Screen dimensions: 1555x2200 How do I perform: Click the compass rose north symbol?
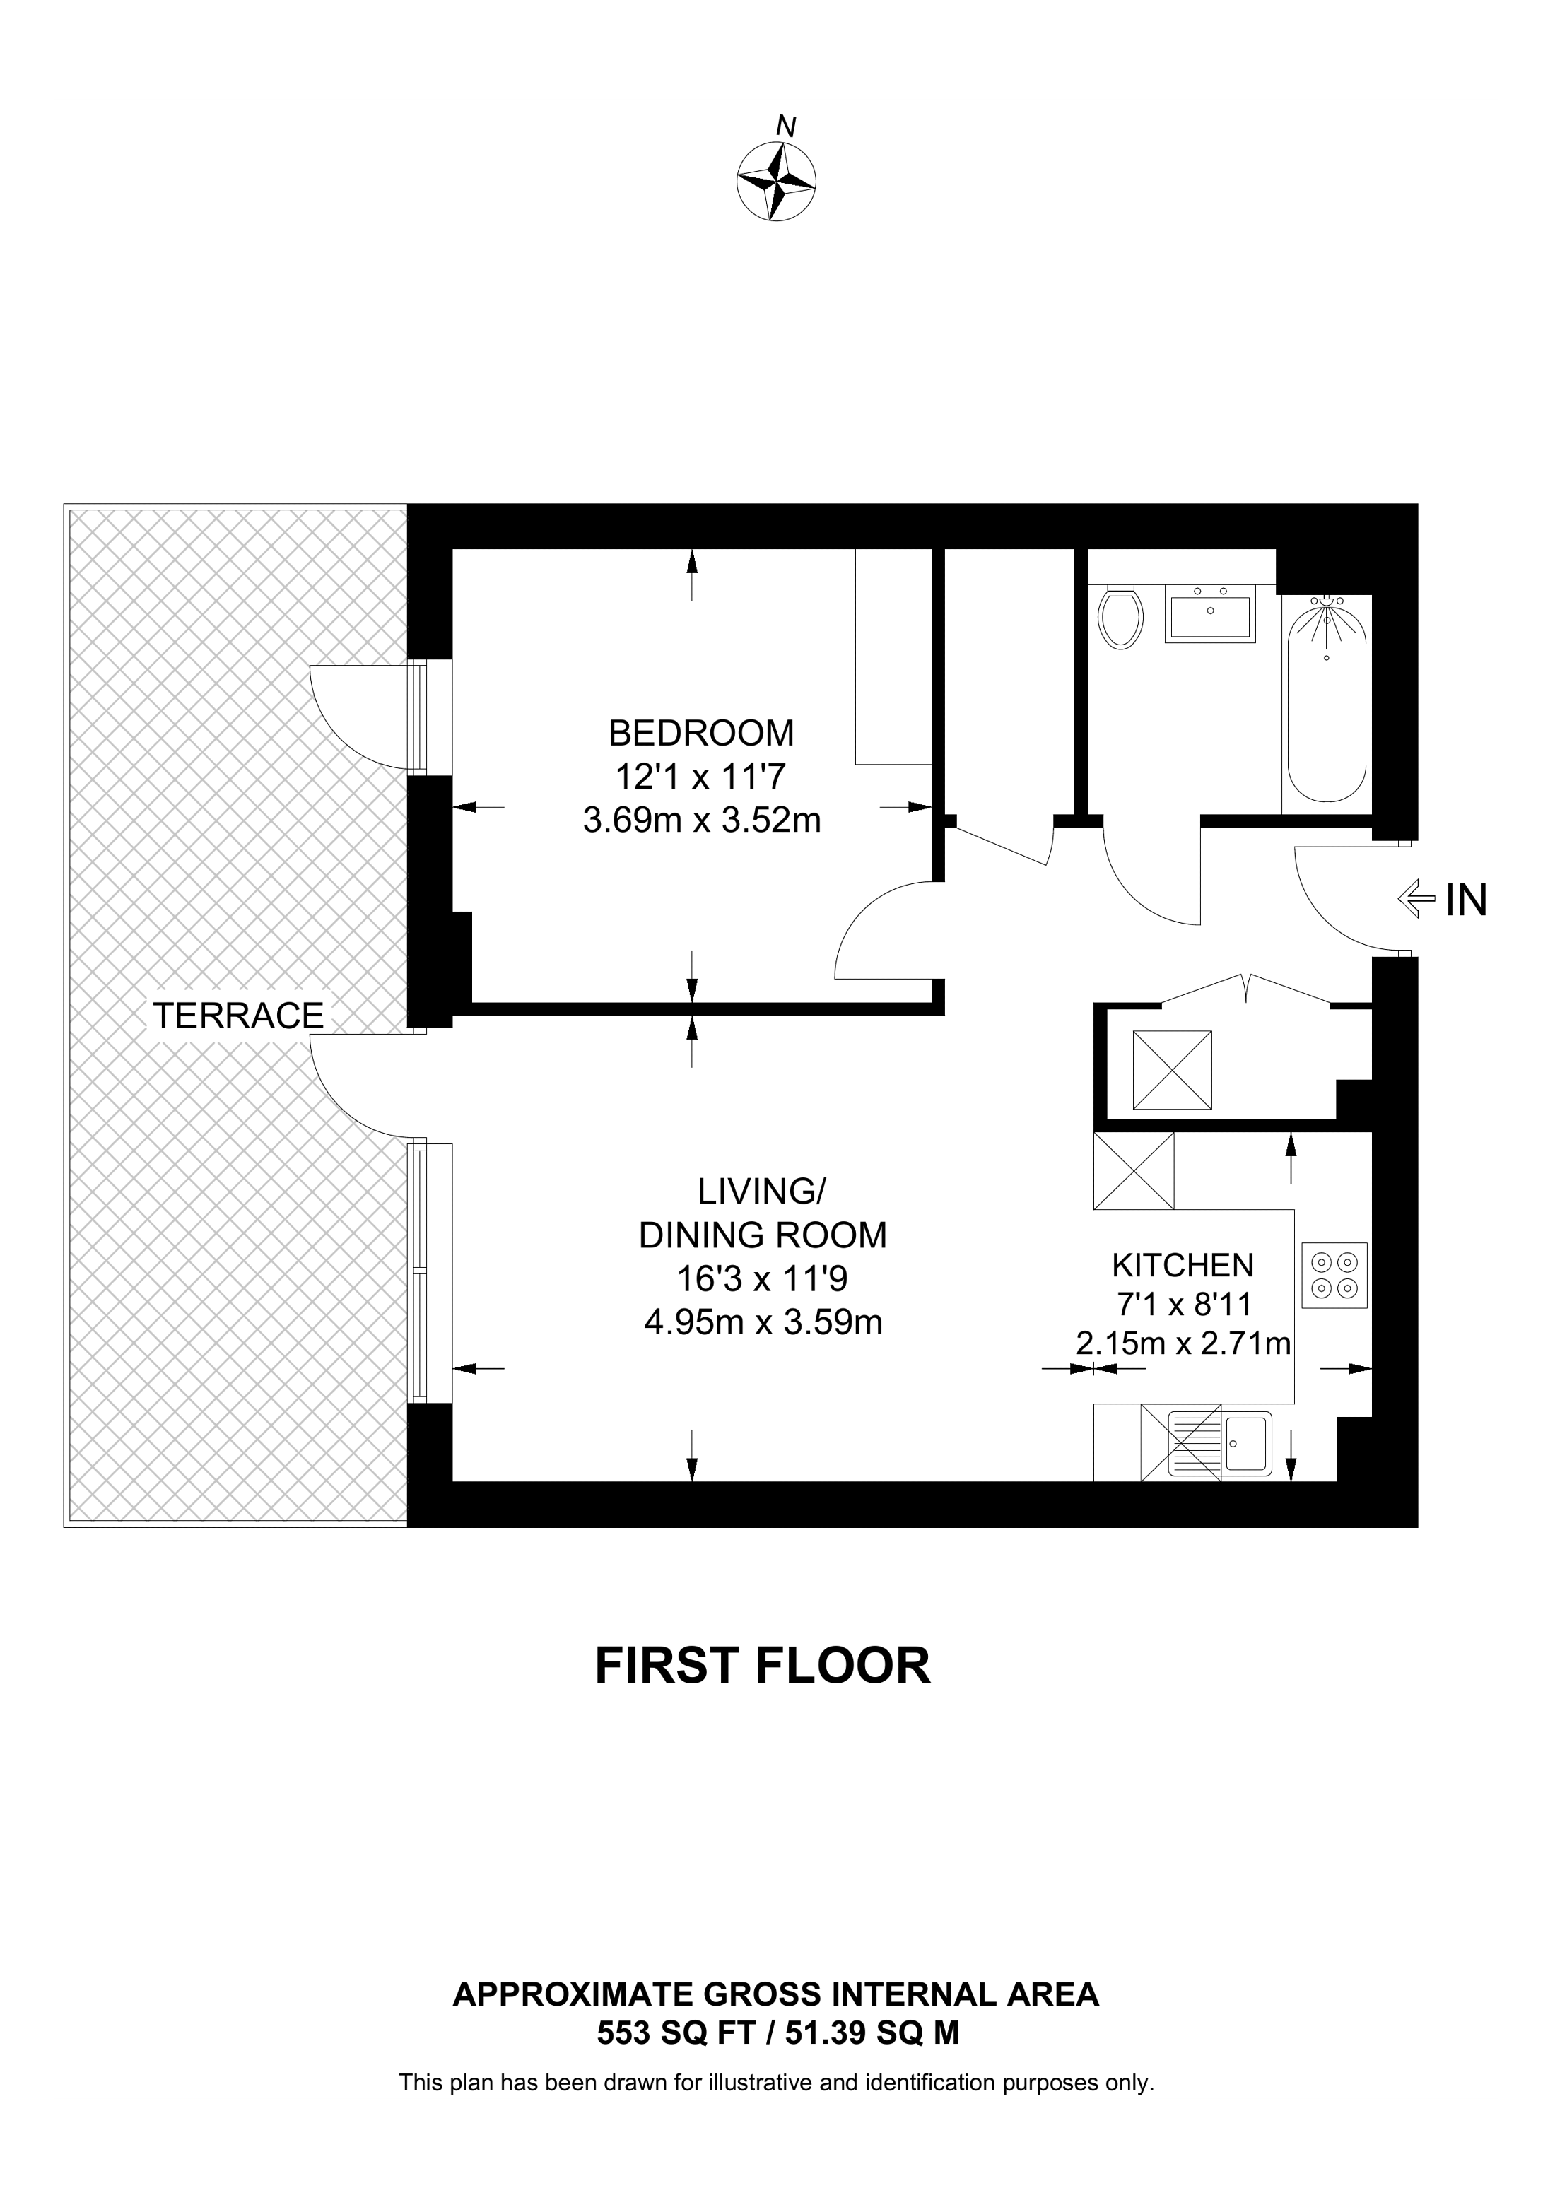click(x=776, y=181)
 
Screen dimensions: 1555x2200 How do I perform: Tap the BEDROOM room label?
click(x=701, y=733)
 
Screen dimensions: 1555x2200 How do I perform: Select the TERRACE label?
click(x=239, y=1016)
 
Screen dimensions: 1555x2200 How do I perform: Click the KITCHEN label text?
click(x=1183, y=1265)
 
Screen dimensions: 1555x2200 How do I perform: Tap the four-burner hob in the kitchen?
click(x=1334, y=1276)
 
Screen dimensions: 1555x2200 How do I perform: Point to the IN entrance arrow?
click(x=1417, y=900)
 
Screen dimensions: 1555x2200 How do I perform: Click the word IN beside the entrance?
click(x=1466, y=900)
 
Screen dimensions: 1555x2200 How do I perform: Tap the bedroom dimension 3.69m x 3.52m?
click(x=703, y=821)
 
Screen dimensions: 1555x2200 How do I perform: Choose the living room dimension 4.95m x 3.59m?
click(x=763, y=1322)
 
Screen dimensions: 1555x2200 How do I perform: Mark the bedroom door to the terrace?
click(x=369, y=717)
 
